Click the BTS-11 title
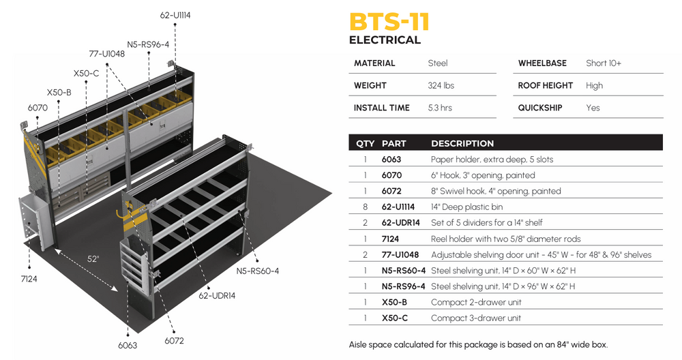coord(389,21)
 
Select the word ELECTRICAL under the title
coord(385,40)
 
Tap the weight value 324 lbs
coord(441,85)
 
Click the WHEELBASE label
coord(542,63)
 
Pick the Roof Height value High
coord(595,85)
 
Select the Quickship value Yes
coord(593,108)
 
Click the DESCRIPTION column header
coord(462,143)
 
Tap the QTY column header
coord(366,143)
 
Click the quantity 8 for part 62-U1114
coord(366,207)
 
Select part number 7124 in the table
coord(391,239)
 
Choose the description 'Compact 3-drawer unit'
coord(476,318)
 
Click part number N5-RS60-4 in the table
coord(404,271)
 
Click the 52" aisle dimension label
coord(93,258)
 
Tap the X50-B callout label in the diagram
coord(59,92)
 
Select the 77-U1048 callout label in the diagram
coord(106,53)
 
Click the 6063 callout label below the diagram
coord(127,345)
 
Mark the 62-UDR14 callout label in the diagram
coord(217,296)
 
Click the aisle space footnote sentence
coord(478,344)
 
